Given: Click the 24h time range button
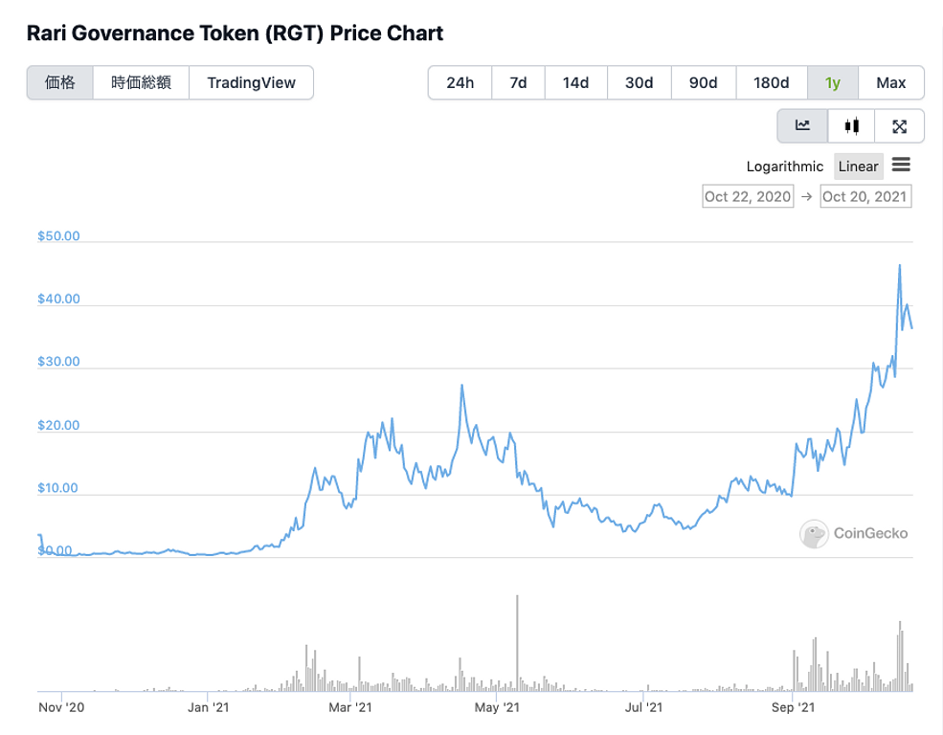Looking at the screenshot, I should pos(460,82).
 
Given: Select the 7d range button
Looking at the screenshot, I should pos(518,82).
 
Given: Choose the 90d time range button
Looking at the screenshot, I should pos(703,82).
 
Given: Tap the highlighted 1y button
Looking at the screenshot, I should pos(833,82).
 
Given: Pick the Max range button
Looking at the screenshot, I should pos(890,82).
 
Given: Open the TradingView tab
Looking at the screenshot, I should pos(251,82).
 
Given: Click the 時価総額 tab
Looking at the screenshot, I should pos(141,82).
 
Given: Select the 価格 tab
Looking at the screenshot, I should pos(60,82).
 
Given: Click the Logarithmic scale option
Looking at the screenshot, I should pos(784,167).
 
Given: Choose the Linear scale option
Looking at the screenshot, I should pos(858,167).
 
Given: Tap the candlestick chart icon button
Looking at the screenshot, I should pos(851,125).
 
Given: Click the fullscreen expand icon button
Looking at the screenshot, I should pos(899,125).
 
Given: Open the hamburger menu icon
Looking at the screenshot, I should pos(901,166).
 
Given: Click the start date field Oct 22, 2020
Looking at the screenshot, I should pos(748,196).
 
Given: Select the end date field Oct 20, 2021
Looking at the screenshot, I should pos(865,196).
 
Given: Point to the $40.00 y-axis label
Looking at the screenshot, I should pos(59,299).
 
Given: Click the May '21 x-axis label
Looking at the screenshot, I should pos(497,708).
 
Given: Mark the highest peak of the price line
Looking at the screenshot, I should pos(899,265).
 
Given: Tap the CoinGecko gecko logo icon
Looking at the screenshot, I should pos(814,534).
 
